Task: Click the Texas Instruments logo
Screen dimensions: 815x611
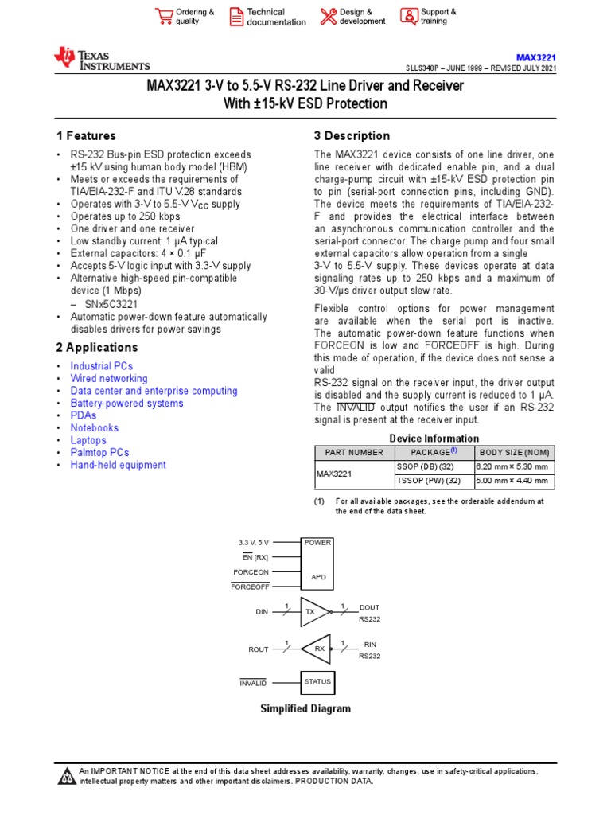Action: coord(101,59)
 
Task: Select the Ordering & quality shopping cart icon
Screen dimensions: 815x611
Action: coord(163,17)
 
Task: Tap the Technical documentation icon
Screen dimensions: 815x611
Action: coord(236,17)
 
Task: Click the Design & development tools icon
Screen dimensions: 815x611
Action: coord(328,17)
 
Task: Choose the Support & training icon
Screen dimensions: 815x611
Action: coord(408,17)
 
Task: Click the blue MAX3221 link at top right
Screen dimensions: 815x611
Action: coord(535,57)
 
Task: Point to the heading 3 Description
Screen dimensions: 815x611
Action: coord(352,136)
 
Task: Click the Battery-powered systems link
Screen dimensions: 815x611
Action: coord(126,404)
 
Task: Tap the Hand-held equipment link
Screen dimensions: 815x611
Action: coord(118,465)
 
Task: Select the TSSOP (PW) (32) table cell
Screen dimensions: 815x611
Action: coord(428,481)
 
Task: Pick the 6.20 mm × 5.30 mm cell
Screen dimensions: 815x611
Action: coord(512,466)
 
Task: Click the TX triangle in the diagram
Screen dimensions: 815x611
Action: coord(313,612)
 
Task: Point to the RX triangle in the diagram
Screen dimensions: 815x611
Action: coord(317,649)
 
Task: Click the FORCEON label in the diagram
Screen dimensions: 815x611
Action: coord(251,571)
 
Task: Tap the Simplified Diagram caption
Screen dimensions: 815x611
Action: coord(305,708)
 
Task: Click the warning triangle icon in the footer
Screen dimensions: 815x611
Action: coord(67,776)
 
